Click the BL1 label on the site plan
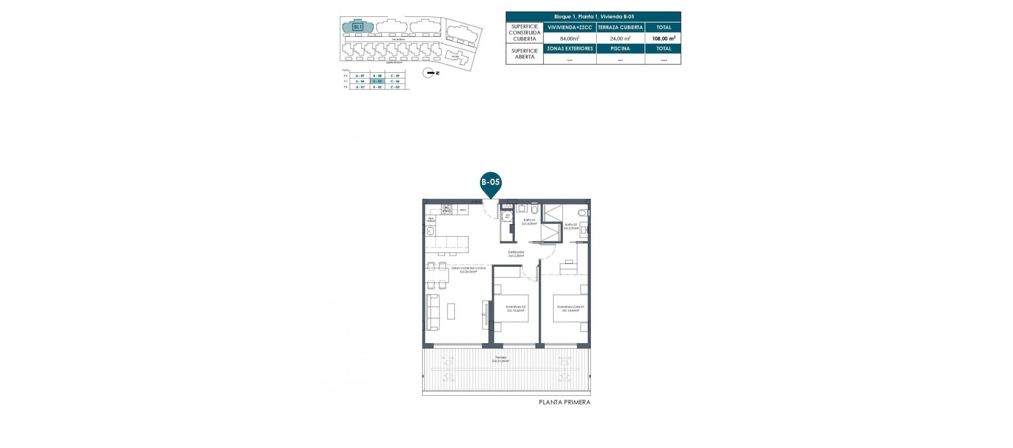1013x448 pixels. (x=358, y=26)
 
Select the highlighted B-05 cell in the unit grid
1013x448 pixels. (x=377, y=82)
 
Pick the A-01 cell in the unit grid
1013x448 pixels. (x=360, y=87)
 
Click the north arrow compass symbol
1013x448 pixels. (x=431, y=73)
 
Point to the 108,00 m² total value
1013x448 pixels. (x=663, y=38)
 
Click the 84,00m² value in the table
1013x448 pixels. (x=570, y=38)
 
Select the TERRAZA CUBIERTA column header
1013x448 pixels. (x=620, y=27)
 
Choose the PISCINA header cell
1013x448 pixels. (x=620, y=48)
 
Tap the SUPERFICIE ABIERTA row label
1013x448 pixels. (x=524, y=54)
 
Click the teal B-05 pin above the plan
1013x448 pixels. (x=491, y=183)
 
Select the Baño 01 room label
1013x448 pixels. (x=529, y=222)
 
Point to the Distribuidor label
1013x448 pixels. (x=516, y=254)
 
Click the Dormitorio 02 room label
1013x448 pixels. (x=515, y=308)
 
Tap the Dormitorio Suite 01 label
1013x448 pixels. (x=570, y=308)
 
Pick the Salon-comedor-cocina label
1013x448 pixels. (x=469, y=270)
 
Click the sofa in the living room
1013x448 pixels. (x=433, y=312)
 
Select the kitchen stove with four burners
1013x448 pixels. (x=446, y=209)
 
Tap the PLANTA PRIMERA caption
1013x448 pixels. (x=564, y=402)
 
